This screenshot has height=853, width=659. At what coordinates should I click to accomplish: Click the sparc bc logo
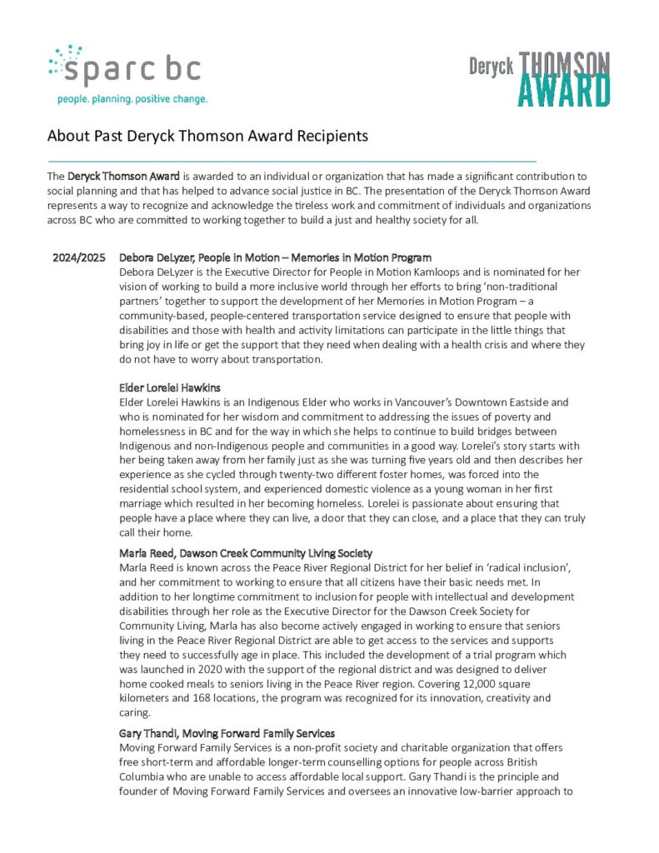point(125,67)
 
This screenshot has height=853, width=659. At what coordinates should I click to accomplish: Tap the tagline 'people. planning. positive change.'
point(132,99)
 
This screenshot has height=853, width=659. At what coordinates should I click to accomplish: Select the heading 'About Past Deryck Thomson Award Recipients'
point(207,135)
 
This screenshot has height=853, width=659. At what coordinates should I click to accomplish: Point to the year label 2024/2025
point(79,258)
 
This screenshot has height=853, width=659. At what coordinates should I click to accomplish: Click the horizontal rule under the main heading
point(292,158)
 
